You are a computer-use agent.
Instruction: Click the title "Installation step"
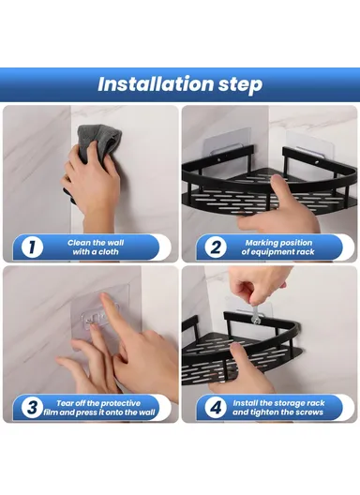tap(180, 84)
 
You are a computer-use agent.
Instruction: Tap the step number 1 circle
tap(31, 247)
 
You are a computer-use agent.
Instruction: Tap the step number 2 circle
tap(215, 247)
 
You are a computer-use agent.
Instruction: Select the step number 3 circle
tap(31, 408)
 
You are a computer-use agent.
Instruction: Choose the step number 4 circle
tap(215, 408)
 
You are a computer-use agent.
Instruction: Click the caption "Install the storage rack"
tap(279, 408)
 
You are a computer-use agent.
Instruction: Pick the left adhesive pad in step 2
tap(221, 154)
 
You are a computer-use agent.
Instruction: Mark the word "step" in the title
tap(237, 84)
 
